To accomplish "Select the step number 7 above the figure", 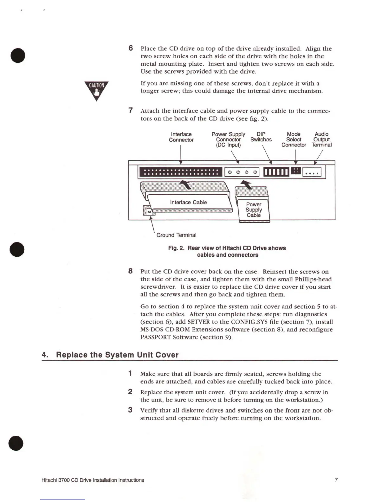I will (x=130, y=110).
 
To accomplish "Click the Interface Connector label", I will (x=181, y=137).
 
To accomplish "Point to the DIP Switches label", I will (x=261, y=137).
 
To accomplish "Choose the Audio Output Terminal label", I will (x=321, y=139).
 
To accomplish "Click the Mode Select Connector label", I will (x=294, y=139).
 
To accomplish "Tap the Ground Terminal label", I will (x=176, y=235).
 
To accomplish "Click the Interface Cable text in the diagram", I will (x=188, y=202).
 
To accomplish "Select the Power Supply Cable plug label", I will (x=254, y=209).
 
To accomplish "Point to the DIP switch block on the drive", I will (x=276, y=172).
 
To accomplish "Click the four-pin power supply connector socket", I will (x=242, y=172).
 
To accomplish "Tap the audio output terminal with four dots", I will (x=312, y=172).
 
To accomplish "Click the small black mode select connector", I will (x=296, y=171).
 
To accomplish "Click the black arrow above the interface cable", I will (x=187, y=184).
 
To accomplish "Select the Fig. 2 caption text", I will (x=227, y=251).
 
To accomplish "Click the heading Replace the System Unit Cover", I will (x=117, y=355).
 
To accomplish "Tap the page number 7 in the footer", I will (x=336, y=480).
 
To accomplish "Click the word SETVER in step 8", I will (x=198, y=322).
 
